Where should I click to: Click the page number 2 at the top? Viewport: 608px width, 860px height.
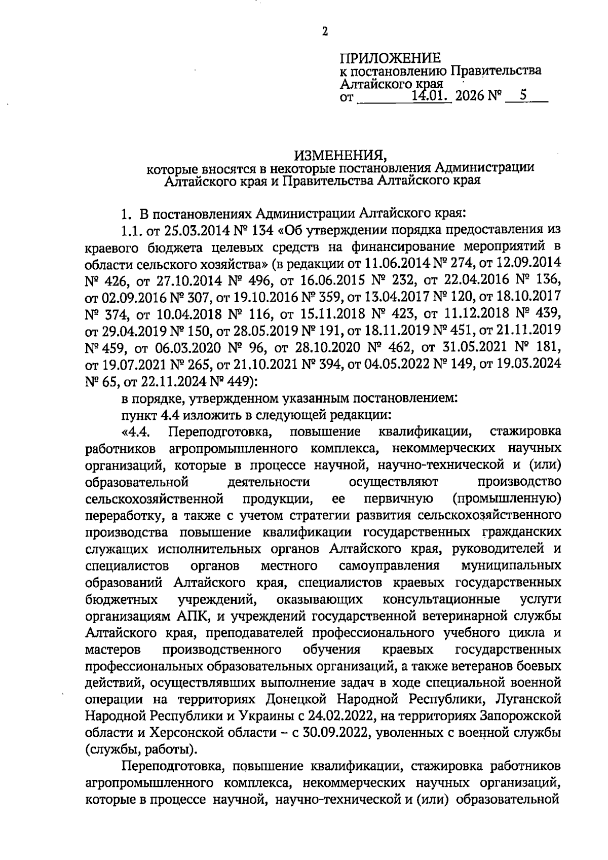pyautogui.click(x=325, y=32)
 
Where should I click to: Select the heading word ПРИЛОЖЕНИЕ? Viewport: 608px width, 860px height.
pyautogui.click(x=389, y=58)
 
